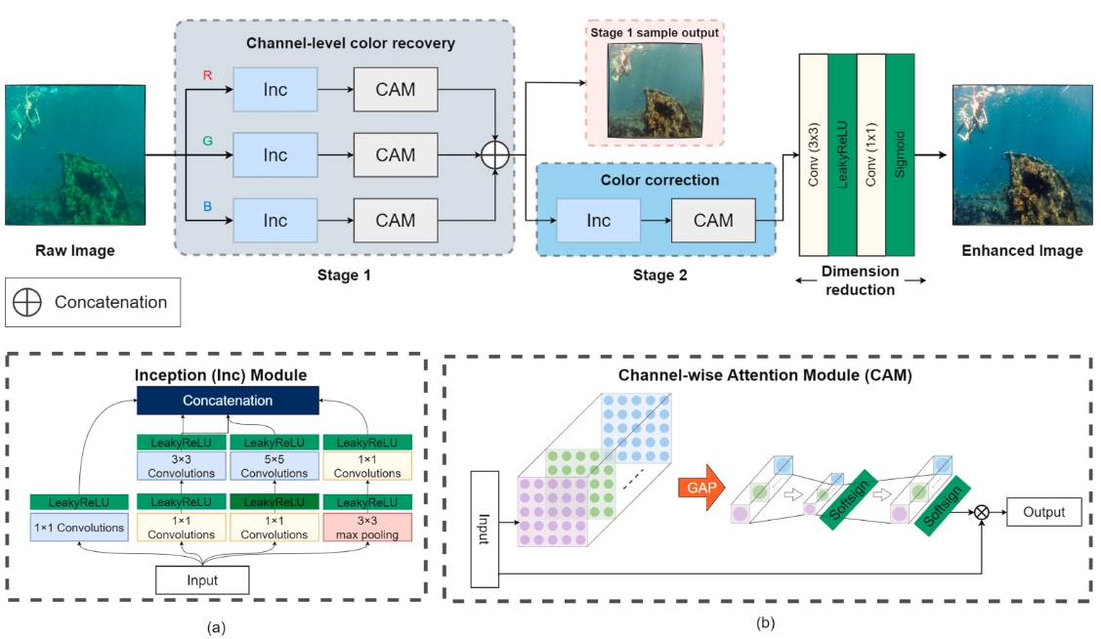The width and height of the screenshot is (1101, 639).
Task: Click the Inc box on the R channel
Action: point(275,90)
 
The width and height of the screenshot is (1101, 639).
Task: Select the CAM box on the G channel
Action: point(395,154)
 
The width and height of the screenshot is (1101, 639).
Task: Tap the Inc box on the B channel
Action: point(275,221)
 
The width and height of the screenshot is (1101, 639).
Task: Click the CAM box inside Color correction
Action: point(713,220)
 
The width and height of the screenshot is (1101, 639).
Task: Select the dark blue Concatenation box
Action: point(227,401)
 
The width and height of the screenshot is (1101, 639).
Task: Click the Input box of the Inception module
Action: point(203,580)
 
